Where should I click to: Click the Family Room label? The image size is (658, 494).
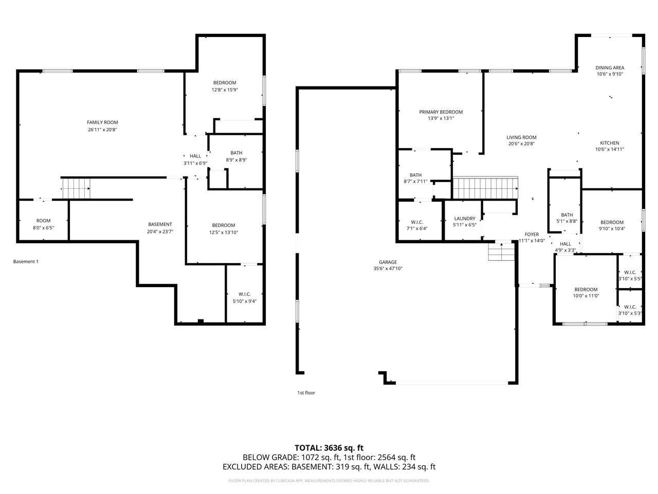102,122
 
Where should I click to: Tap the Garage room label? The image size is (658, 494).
388,262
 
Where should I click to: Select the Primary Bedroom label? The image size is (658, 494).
441,112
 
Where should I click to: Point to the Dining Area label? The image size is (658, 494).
610,67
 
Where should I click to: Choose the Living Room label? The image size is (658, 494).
521,137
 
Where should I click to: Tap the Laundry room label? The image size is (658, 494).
464,219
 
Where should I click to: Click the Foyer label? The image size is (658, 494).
532,234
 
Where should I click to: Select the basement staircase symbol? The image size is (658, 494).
76,188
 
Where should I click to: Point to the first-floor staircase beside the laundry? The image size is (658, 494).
485,188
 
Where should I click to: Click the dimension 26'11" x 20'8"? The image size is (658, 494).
102,130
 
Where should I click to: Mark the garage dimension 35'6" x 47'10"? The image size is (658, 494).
388,269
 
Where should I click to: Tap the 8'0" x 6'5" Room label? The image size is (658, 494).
43,221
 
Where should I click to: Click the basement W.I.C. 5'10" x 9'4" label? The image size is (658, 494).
244,294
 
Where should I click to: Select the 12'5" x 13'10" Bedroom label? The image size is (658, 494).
224,225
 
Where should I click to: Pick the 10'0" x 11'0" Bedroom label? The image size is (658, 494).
586,290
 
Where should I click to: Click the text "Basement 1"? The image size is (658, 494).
26,262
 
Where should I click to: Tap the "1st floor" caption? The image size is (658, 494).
306,393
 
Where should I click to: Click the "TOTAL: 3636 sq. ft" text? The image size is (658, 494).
329,448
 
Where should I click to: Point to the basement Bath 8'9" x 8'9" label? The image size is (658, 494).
236,153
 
